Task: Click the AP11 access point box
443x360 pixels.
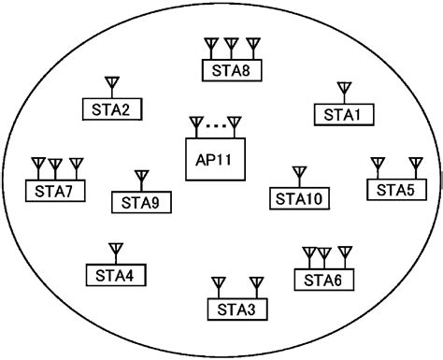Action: coord(214,158)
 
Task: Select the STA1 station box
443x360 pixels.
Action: coord(342,113)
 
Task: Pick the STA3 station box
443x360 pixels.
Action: coord(235,308)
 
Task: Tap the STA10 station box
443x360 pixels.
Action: coord(298,197)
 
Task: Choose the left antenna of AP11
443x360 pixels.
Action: coord(195,123)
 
